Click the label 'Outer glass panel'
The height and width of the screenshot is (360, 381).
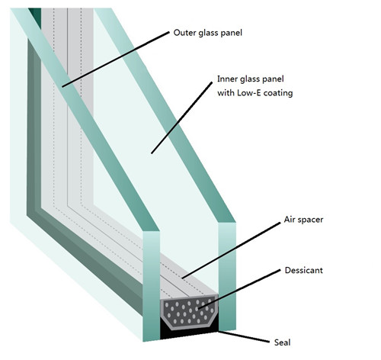click(207, 33)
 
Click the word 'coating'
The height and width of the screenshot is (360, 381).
click(278, 93)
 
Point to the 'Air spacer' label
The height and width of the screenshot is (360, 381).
click(303, 220)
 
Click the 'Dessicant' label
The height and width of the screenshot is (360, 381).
click(304, 270)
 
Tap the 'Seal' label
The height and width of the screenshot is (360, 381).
click(282, 342)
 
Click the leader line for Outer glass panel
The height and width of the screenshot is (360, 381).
click(116, 59)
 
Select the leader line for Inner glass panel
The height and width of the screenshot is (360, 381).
click(181, 117)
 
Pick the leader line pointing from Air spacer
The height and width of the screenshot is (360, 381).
click(231, 251)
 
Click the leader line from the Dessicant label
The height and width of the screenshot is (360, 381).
click(239, 289)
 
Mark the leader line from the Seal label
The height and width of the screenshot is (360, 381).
click(244, 336)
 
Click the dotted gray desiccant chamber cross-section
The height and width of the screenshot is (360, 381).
click(190, 312)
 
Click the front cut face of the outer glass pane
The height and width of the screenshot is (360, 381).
click(152, 286)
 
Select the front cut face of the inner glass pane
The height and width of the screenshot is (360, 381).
click(227, 277)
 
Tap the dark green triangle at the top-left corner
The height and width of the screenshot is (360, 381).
click(36, 16)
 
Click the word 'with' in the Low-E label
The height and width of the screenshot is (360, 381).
click(226, 93)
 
